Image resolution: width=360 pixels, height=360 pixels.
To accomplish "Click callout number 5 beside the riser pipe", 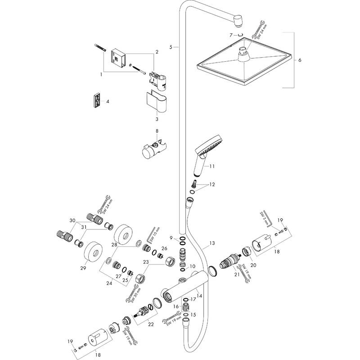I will point(171,46).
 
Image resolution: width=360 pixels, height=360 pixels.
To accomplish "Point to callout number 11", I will point(212,166).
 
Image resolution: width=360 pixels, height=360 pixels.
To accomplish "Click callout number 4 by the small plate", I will point(108,102).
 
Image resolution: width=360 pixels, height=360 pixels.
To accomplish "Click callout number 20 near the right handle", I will point(253,265).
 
